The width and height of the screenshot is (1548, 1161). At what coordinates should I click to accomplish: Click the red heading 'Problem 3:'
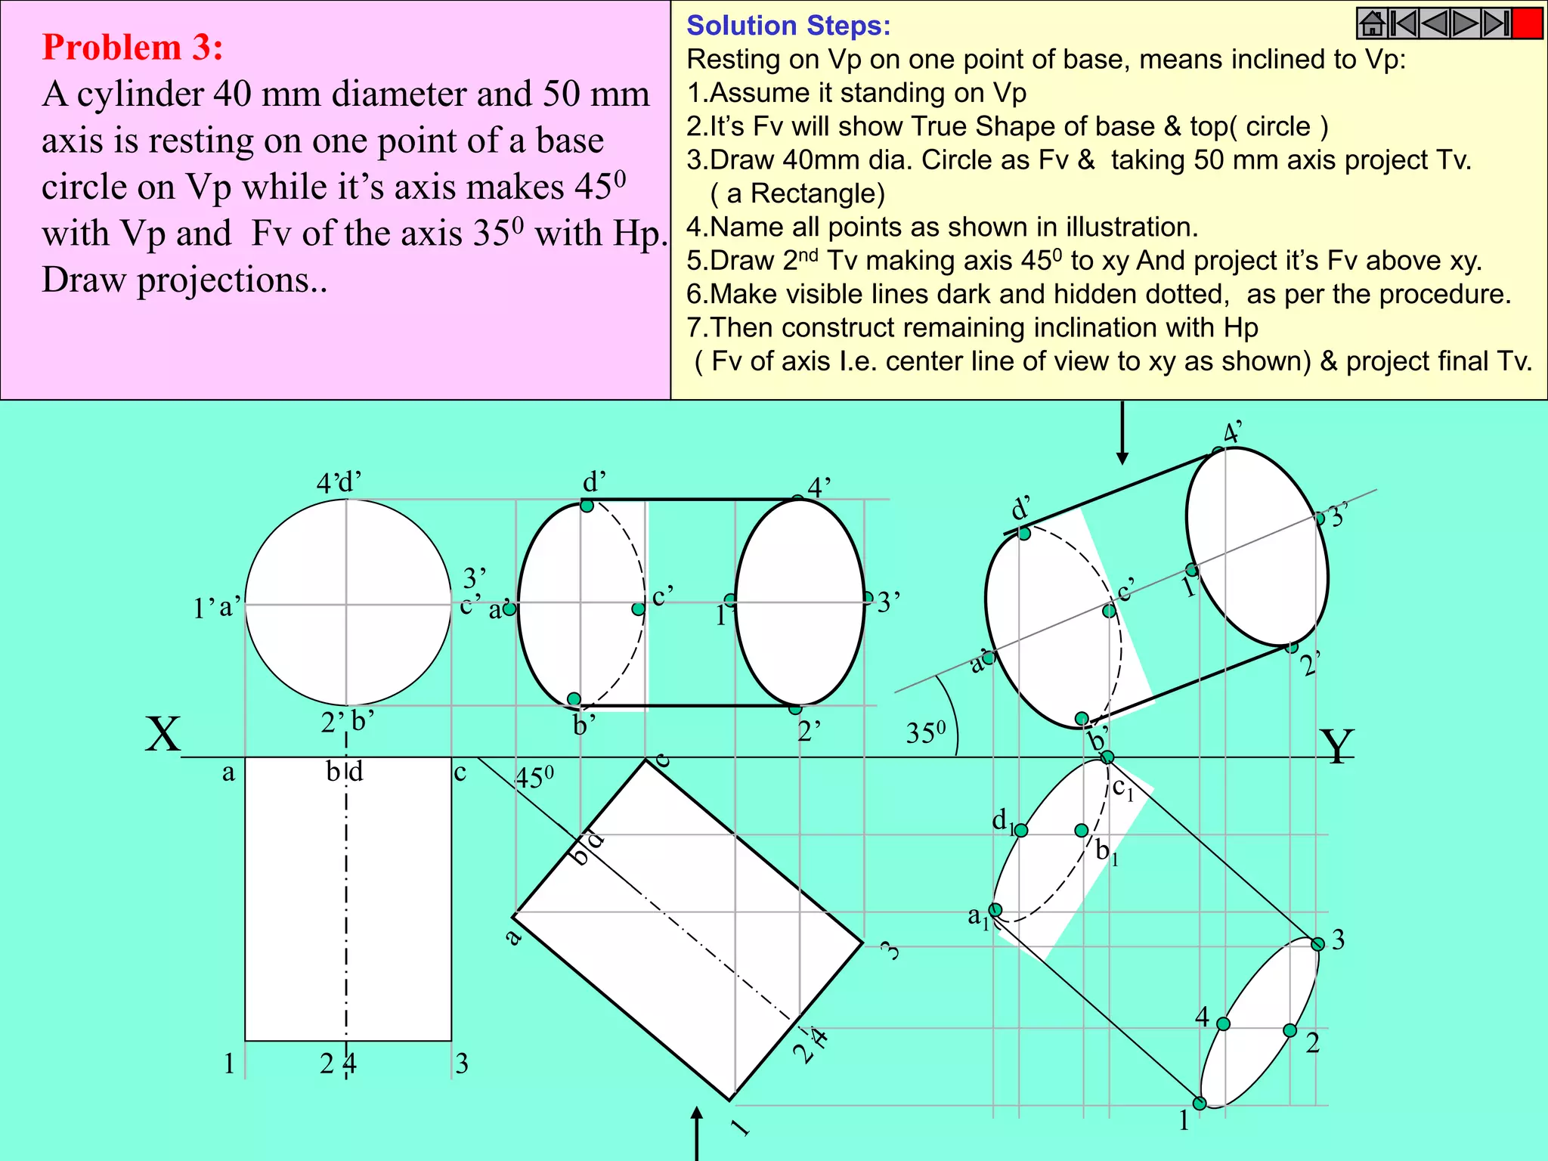point(132,47)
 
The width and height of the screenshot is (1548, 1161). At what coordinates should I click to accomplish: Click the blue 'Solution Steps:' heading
point(788,26)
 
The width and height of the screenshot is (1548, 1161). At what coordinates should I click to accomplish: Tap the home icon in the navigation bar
point(1372,23)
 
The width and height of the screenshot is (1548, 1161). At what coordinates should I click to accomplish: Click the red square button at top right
point(1527,23)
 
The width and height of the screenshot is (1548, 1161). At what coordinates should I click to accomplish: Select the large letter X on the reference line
point(163,734)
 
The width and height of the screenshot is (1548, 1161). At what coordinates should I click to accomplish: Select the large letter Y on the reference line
point(1336,746)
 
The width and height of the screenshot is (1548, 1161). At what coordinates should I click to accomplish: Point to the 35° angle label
point(925,732)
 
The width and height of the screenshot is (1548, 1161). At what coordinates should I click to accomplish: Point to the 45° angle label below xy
point(534,778)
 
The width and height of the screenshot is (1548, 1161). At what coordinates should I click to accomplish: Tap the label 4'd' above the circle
point(339,482)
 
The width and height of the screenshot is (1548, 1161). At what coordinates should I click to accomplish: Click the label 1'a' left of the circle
point(217,607)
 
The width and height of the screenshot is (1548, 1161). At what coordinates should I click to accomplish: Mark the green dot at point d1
point(1021,831)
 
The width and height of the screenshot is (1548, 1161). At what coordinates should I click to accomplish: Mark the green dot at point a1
point(996,909)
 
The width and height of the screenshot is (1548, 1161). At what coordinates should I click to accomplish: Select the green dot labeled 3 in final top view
point(1317,944)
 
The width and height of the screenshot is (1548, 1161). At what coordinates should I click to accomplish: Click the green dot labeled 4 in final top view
point(1223,1024)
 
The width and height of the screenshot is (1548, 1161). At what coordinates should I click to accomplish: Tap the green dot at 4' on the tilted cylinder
point(1218,452)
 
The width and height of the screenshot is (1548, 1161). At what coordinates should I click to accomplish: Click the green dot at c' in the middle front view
point(639,608)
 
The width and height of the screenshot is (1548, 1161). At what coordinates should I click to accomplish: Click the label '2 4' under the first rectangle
point(337,1064)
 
